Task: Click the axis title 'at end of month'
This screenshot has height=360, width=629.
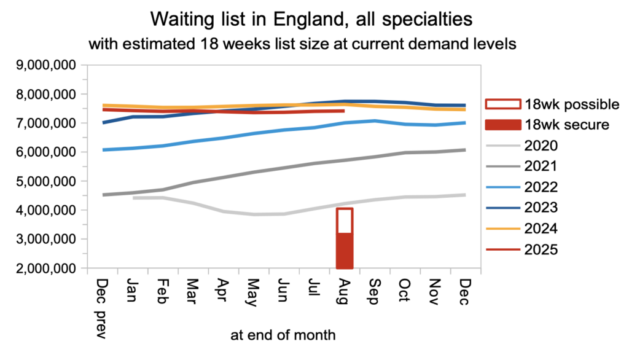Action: pos(283,335)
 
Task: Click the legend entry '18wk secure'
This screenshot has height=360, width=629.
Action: pos(558,125)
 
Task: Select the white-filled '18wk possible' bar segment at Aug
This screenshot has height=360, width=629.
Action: pos(345,221)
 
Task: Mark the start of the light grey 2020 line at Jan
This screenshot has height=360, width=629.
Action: pos(133,198)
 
